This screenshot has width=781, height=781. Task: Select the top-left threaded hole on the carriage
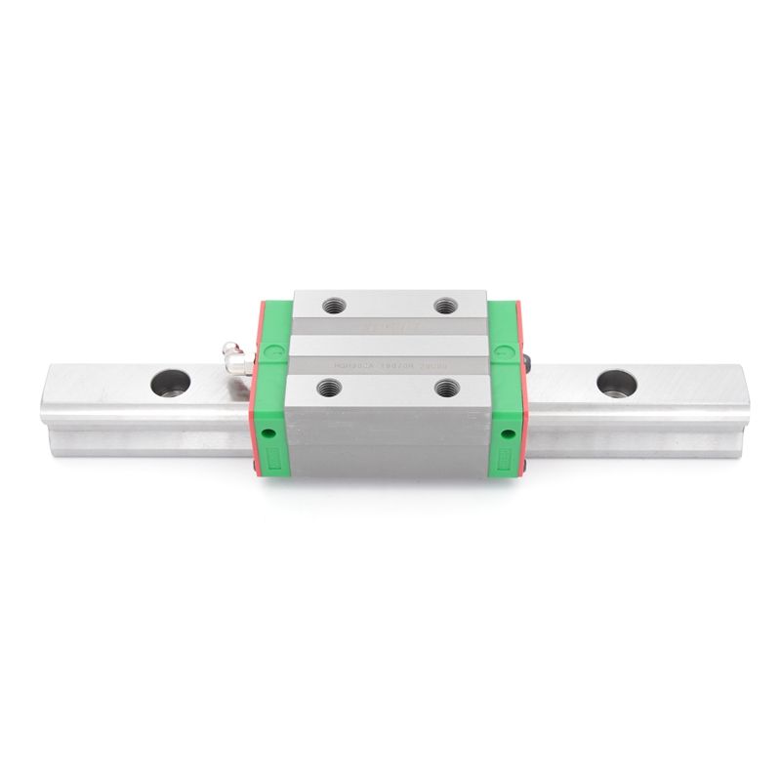(326, 304)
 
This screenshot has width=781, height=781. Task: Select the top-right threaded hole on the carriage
(448, 304)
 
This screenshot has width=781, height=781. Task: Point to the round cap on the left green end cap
(274, 349)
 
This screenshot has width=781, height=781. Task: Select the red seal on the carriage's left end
(259, 390)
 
